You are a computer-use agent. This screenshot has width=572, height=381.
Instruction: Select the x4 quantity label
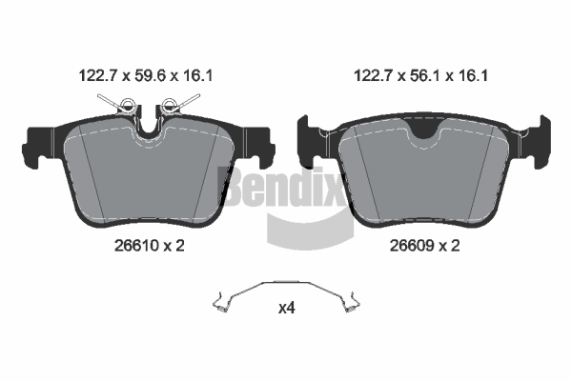[x=286, y=309]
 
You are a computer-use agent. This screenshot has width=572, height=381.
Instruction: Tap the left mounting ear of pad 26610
[x=36, y=143]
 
